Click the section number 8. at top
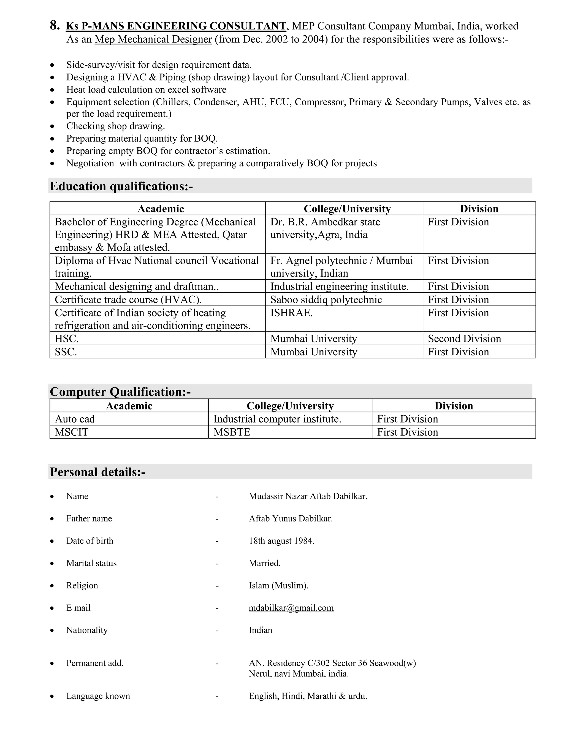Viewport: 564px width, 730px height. (x=55, y=26)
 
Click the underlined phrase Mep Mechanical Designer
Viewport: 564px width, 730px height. (x=153, y=39)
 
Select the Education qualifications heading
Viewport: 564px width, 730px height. (x=121, y=186)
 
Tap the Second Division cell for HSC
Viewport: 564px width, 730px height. (x=464, y=339)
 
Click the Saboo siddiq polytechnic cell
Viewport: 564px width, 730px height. (x=326, y=299)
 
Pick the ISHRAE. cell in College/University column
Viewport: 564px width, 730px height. (x=291, y=313)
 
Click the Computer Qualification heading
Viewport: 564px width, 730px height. (x=120, y=392)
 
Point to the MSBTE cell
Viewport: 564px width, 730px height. (x=232, y=432)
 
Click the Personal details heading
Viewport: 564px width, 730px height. (x=97, y=472)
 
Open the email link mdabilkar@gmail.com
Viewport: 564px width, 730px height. (x=291, y=608)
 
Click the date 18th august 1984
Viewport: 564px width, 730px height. (x=281, y=541)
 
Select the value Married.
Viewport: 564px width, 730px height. (x=264, y=563)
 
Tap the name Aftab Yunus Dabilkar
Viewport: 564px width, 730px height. (x=291, y=518)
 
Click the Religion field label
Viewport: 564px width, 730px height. (x=82, y=585)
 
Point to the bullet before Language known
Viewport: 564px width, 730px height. (x=52, y=696)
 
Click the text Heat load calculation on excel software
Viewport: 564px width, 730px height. (x=146, y=90)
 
